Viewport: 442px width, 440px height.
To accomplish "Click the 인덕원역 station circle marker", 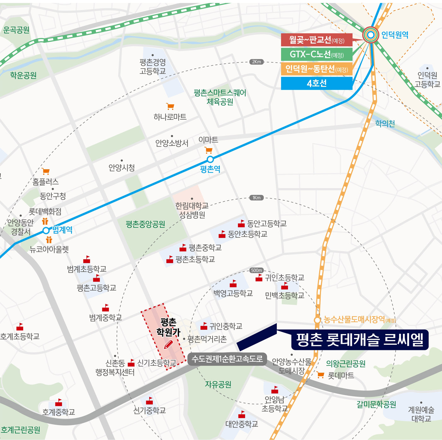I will point(371,35).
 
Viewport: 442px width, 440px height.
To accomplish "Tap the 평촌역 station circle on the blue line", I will point(210,159).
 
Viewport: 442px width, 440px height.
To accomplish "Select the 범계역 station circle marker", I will point(46,230).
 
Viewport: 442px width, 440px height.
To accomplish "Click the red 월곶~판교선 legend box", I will point(317,40).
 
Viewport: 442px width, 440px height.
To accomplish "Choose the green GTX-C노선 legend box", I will point(317,54).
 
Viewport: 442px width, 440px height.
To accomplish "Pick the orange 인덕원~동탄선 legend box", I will point(317,69).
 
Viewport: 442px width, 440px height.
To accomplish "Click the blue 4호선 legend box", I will point(317,84).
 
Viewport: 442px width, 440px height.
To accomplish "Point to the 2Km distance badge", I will point(256,62).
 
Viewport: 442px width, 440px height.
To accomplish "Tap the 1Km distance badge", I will point(256,198).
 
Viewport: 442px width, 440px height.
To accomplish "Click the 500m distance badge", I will point(256,270).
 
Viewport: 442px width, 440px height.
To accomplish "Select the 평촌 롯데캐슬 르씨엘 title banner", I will point(360,340).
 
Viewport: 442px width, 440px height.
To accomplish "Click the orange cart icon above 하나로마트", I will point(170,106).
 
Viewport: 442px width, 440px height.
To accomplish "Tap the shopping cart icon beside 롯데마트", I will point(320,375).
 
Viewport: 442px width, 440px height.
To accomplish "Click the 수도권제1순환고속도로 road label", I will point(227,359).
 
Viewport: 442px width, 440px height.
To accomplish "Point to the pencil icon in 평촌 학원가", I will point(169,344).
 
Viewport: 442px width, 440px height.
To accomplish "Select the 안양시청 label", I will point(122,167).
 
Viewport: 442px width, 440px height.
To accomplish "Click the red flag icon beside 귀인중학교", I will point(204,326).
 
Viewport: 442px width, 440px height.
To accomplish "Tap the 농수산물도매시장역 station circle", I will point(317,320).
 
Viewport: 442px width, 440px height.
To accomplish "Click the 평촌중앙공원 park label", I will point(145,224).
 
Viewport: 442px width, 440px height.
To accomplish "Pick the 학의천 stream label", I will point(385,124).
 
